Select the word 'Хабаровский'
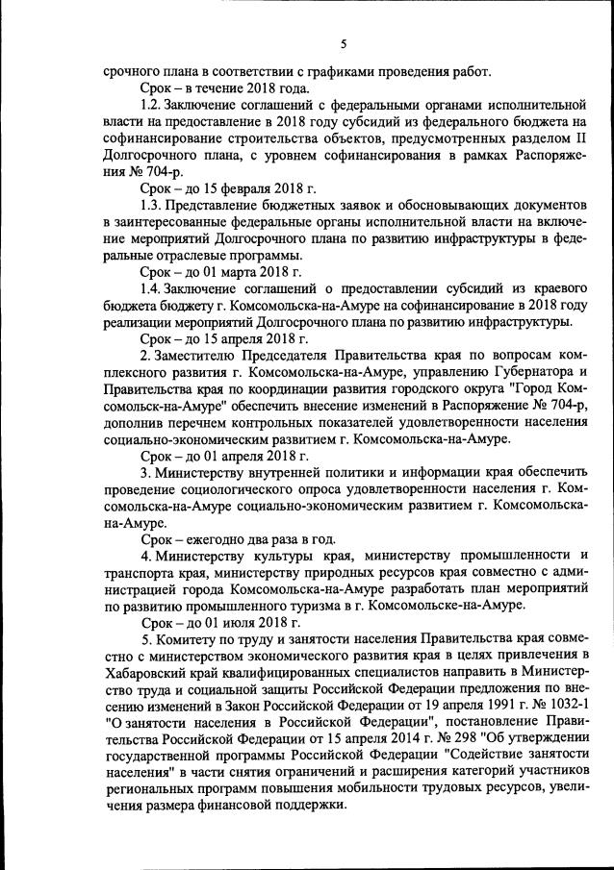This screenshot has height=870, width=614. click(145, 673)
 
